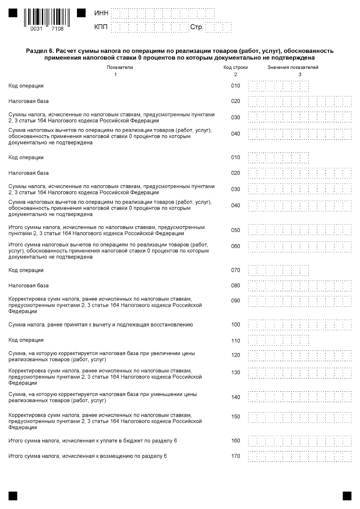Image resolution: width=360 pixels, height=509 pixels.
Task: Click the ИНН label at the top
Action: pos(101,13)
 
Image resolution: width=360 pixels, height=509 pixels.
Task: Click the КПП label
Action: pos(101,27)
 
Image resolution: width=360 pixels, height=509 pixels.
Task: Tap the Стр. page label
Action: pos(197,27)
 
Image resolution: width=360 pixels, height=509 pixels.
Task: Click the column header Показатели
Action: pos(120,67)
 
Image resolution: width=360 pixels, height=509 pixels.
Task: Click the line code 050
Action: pos(235,230)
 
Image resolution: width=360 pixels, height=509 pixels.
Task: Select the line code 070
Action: pos(235,270)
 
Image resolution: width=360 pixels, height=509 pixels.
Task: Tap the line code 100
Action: pos(235,325)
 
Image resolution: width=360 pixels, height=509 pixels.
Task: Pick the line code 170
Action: pos(235,456)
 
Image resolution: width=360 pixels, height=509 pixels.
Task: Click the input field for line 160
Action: pos(300,441)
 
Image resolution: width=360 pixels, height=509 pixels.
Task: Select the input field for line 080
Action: pos(300,286)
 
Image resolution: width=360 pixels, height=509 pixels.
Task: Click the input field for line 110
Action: pos(279,340)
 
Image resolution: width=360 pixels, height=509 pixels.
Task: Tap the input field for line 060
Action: pos(300,246)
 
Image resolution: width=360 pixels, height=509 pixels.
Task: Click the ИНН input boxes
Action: pos(171,13)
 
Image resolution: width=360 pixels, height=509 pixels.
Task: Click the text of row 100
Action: pos(101,324)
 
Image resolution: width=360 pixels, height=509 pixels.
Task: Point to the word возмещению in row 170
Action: pos(119,456)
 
